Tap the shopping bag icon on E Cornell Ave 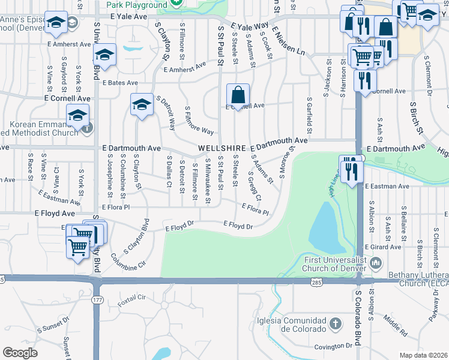(x=238, y=95)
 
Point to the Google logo (x=20, y=353)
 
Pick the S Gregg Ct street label (x=255, y=185)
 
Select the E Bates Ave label (x=120, y=83)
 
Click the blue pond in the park (x=324, y=227)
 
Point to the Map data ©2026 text (x=423, y=355)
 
